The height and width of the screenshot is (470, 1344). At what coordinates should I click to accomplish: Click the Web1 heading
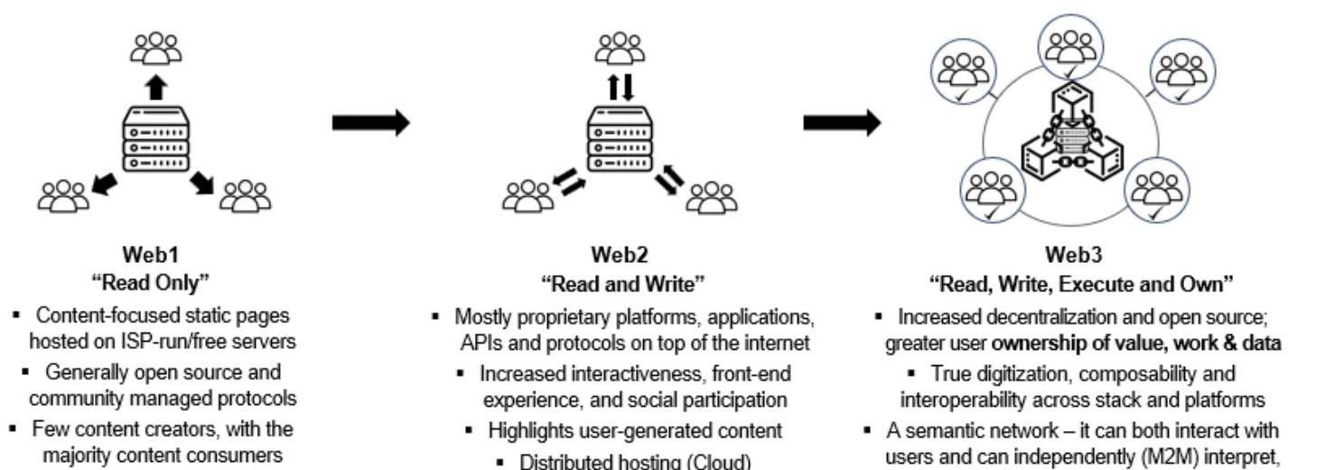click(x=155, y=254)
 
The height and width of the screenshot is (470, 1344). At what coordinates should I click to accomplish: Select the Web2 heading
click(x=620, y=254)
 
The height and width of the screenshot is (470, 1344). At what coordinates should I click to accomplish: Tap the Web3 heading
click(x=1075, y=254)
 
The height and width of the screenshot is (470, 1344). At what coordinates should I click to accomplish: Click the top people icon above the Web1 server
click(x=155, y=48)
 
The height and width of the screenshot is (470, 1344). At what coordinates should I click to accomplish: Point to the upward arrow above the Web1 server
click(x=156, y=88)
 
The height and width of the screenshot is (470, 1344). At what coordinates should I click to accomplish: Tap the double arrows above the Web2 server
click(x=620, y=87)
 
